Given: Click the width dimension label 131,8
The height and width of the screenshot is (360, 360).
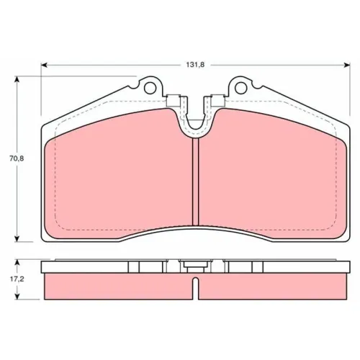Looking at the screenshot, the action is tap(195, 65).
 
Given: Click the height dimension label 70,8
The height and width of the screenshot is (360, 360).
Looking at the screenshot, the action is tap(17, 158).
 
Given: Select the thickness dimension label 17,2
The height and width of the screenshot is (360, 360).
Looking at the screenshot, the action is tap(17, 279).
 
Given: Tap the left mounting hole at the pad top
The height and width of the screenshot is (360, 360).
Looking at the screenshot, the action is tap(150, 88).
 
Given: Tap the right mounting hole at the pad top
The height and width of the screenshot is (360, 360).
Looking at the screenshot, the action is tap(240, 88).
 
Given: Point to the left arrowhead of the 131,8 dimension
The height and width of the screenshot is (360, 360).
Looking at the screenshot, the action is tap(44, 65).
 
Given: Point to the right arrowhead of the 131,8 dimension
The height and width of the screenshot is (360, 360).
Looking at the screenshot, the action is tap(347, 65).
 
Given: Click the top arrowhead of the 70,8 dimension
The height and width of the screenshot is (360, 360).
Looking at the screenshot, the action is tap(17, 79).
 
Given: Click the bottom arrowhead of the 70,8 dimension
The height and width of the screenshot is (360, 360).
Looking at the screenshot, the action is tap(17, 238).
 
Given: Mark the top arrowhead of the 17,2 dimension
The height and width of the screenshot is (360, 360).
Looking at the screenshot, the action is tap(17, 264).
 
